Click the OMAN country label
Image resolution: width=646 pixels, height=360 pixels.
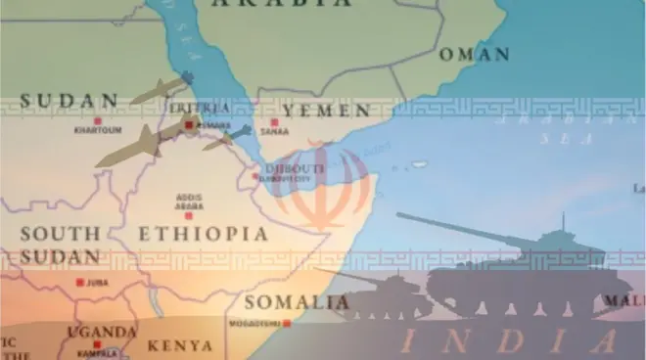tap(474, 54)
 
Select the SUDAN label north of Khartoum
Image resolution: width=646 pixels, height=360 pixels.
tap(69, 100)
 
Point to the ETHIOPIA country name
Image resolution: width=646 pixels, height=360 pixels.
tap(202, 235)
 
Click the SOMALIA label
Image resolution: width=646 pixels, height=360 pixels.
tap(296, 301)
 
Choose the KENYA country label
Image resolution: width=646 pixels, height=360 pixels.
tap(179, 345)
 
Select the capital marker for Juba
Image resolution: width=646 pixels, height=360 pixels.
tap(79, 283)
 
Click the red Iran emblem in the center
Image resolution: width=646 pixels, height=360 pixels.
tap(322, 186)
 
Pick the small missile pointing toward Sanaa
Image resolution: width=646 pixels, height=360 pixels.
tap(227, 137)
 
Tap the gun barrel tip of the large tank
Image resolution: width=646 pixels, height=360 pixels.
tap(399, 215)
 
